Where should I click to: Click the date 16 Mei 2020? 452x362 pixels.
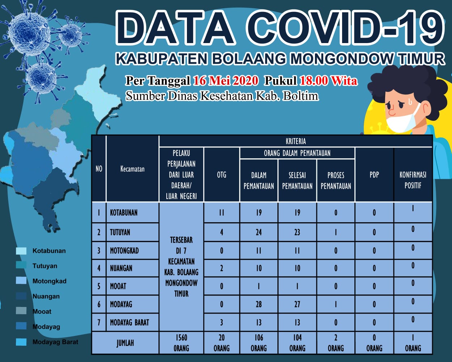225,81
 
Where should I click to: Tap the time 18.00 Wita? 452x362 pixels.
328,81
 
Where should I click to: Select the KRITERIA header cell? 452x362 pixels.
295,141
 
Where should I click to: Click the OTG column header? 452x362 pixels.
222,174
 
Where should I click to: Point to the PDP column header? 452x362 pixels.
374,174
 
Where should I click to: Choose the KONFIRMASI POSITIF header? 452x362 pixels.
413,180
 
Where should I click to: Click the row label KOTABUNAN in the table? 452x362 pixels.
124,212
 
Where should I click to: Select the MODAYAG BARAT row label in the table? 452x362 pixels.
129,323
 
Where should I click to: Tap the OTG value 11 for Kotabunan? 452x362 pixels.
222,212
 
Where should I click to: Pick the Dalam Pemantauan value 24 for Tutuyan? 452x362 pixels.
259,232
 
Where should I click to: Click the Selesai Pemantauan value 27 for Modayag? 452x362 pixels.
297,304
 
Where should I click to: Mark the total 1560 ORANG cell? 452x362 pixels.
181,343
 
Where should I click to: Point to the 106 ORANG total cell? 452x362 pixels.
259,343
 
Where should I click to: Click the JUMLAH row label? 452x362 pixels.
125,343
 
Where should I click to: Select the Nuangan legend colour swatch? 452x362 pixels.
21,296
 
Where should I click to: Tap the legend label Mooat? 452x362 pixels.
42,312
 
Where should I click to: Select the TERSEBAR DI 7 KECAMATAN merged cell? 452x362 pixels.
181,267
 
